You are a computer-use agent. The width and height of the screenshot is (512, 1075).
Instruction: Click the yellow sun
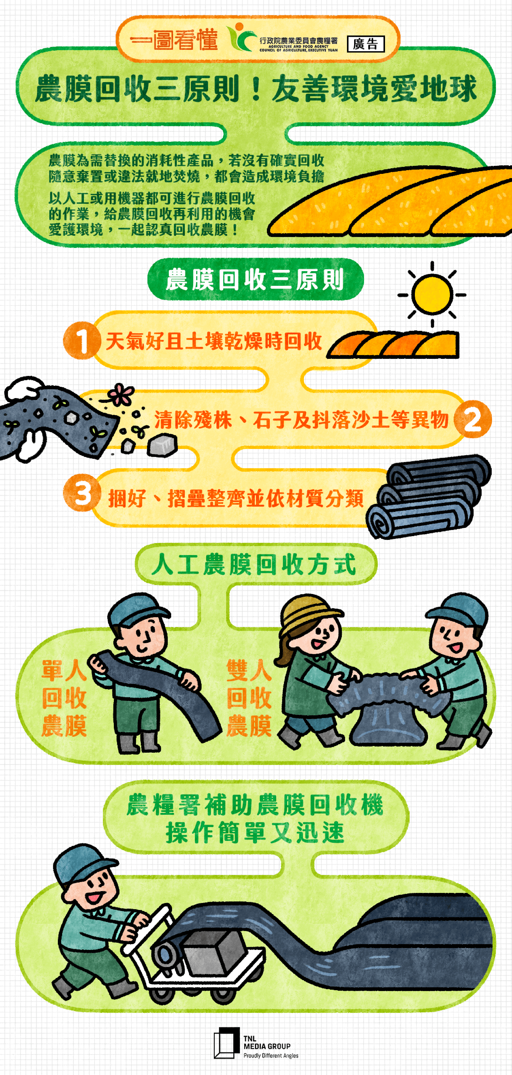coord(432,294)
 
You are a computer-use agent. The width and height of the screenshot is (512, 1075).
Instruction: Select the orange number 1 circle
coord(82,340)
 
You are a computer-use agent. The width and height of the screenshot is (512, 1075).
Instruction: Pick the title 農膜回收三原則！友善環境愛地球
coord(255,88)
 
